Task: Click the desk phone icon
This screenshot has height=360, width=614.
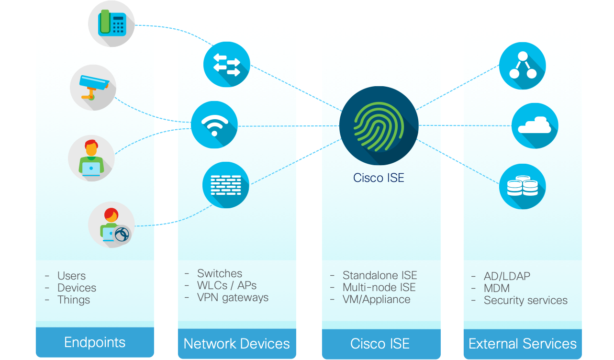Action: [x=112, y=24]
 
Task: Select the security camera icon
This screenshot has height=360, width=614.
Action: [x=93, y=88]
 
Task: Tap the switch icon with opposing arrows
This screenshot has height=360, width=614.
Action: [x=226, y=64]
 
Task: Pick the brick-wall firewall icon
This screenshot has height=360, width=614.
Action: [x=226, y=185]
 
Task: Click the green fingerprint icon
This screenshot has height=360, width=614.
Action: [x=379, y=125]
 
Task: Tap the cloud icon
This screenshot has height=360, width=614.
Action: [x=535, y=126]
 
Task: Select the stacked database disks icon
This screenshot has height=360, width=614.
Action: [x=522, y=186]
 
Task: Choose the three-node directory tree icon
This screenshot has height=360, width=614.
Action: [x=522, y=66]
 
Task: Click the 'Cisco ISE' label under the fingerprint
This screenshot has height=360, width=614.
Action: [x=379, y=178]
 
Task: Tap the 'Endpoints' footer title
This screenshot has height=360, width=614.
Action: [x=95, y=342]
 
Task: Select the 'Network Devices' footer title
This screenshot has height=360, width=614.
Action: [x=237, y=344]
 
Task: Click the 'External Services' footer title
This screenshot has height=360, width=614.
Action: [x=523, y=344]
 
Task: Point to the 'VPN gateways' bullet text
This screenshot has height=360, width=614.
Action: [x=233, y=297]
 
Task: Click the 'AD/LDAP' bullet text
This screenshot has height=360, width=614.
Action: [x=507, y=276]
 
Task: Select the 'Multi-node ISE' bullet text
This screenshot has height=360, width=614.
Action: [x=379, y=287]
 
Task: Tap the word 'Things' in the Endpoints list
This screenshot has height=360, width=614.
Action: [x=74, y=300]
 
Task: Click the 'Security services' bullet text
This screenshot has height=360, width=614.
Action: [x=525, y=301]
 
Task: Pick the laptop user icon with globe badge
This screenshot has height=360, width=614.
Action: [x=112, y=225]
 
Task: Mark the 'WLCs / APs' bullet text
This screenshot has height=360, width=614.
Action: [x=227, y=285]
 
